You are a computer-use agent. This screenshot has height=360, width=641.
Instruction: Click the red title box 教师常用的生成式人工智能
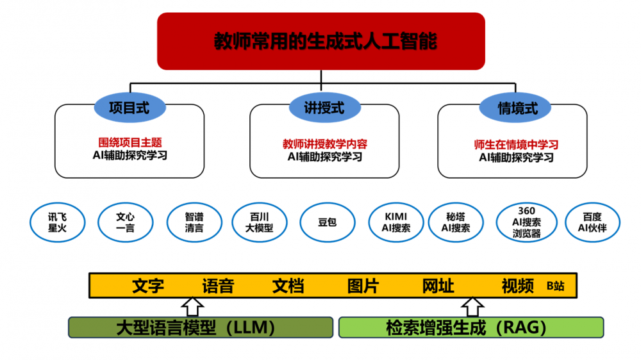pyautogui.click(x=320, y=41)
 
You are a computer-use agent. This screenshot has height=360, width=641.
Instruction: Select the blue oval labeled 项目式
pyautogui.click(x=129, y=108)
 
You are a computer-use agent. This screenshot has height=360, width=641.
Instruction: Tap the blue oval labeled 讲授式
pyautogui.click(x=324, y=108)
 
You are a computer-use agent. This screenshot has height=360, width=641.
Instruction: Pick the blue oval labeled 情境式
pyautogui.click(x=517, y=108)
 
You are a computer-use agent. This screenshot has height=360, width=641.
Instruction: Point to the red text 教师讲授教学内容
pyautogui.click(x=324, y=144)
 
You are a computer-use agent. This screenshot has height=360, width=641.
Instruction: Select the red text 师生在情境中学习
pyautogui.click(x=516, y=145)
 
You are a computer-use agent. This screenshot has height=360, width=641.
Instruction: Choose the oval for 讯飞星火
pyautogui.click(x=57, y=222)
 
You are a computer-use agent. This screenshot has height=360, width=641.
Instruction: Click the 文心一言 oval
pyautogui.click(x=126, y=222)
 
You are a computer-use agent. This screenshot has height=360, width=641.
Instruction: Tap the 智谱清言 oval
pyautogui.click(x=194, y=222)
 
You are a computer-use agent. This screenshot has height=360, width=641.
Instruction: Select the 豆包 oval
pyautogui.click(x=327, y=222)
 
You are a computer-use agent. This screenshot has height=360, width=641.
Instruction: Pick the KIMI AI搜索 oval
pyautogui.click(x=395, y=222)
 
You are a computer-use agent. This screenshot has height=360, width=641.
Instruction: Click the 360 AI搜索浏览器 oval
pyautogui.click(x=526, y=222)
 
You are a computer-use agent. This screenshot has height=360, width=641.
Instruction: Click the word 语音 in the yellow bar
pyautogui.click(x=218, y=286)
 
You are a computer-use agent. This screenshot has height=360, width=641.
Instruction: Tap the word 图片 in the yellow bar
pyautogui.click(x=363, y=286)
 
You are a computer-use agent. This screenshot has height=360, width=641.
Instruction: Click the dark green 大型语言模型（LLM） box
pyautogui.click(x=201, y=327)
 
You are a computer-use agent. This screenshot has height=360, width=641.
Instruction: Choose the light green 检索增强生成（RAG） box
pyautogui.click(x=470, y=327)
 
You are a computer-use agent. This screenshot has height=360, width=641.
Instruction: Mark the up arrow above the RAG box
pyautogui.click(x=474, y=307)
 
